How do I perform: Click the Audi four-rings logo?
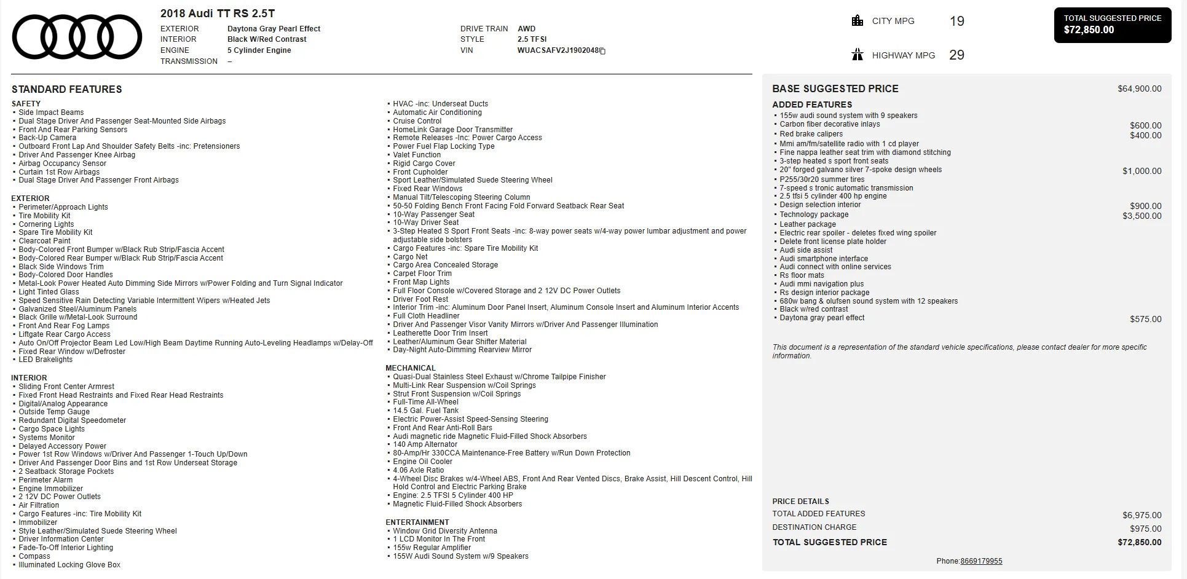pyautogui.click(x=77, y=37)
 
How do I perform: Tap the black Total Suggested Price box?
pyautogui.click(x=1112, y=25)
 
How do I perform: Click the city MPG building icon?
pyautogui.click(x=857, y=21)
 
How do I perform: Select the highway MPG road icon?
pyautogui.click(x=857, y=55)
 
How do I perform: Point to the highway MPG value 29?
pyautogui.click(x=956, y=55)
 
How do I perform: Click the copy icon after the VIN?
pyautogui.click(x=603, y=51)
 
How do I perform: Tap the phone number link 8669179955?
pyautogui.click(x=981, y=561)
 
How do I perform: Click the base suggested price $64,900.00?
pyautogui.click(x=1139, y=89)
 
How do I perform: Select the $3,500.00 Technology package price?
pyautogui.click(x=1142, y=216)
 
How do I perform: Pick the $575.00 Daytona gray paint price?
pyautogui.click(x=1145, y=319)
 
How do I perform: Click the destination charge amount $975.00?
pyautogui.click(x=1145, y=529)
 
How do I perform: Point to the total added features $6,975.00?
pyautogui.click(x=1142, y=515)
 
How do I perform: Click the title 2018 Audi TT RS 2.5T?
pyautogui.click(x=218, y=14)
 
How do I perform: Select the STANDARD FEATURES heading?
pyautogui.click(x=66, y=89)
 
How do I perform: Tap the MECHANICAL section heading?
pyautogui.click(x=410, y=368)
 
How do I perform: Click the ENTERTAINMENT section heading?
pyautogui.click(x=417, y=522)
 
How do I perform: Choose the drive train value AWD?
pyautogui.click(x=526, y=29)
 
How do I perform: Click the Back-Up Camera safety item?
pyautogui.click(x=47, y=138)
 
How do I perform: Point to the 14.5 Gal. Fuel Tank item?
pyautogui.click(x=425, y=411)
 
